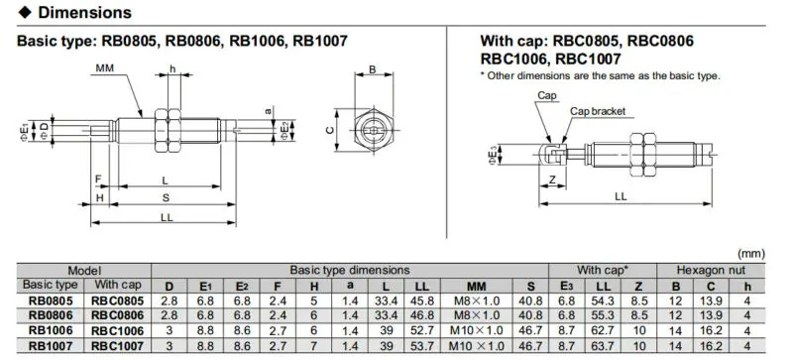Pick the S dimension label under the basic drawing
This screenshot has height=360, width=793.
tap(165, 198)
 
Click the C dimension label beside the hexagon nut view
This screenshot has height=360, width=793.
tap(328, 129)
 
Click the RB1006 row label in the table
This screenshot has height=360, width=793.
tap(48, 329)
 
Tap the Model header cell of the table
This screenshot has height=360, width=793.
tap(82, 270)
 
